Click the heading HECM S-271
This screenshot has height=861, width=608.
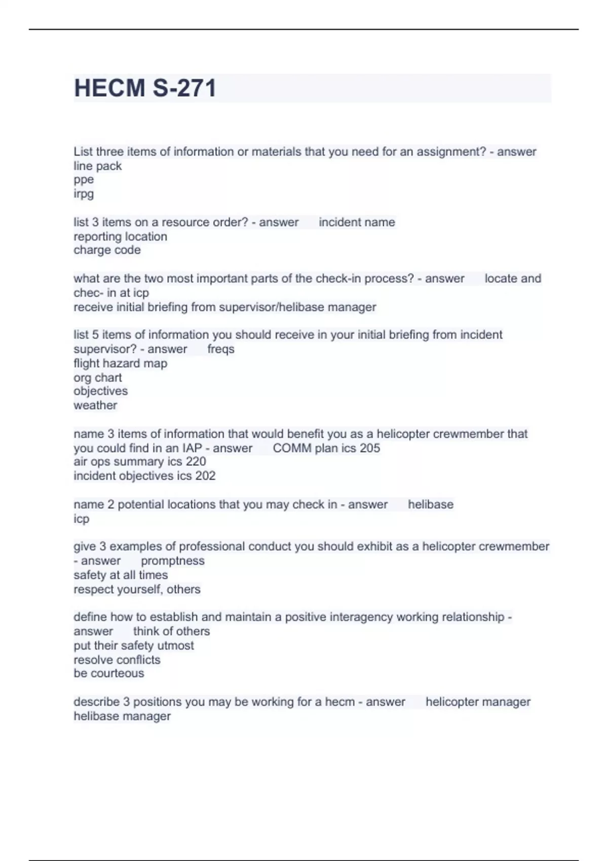(145, 88)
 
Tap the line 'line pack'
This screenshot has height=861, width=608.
(97, 166)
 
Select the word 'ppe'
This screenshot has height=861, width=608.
(84, 180)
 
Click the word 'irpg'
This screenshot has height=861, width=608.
(84, 194)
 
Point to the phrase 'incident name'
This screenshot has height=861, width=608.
(357, 222)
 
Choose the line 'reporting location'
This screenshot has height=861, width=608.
(120, 237)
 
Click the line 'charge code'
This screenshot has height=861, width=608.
(107, 250)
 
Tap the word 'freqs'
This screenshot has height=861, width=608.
(221, 349)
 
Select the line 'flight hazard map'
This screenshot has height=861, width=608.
(120, 364)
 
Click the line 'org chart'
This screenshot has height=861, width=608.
(97, 378)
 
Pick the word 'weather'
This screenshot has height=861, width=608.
(95, 406)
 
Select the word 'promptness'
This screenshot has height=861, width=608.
(173, 561)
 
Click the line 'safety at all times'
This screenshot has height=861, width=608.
(121, 575)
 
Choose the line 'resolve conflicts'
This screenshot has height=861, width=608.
(117, 660)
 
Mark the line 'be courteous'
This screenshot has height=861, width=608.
(108, 674)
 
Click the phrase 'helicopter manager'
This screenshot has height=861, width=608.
(478, 702)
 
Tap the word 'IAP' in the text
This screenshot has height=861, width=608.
(192, 448)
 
